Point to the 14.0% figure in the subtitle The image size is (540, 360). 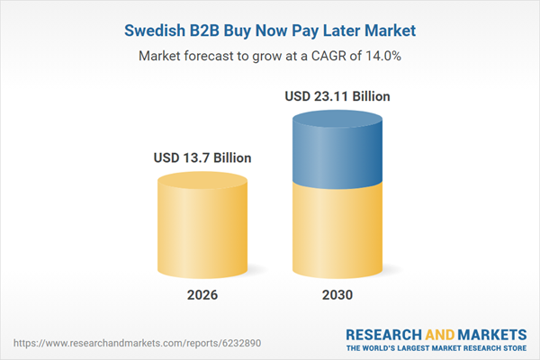(382, 56)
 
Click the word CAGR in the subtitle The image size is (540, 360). (329, 56)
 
